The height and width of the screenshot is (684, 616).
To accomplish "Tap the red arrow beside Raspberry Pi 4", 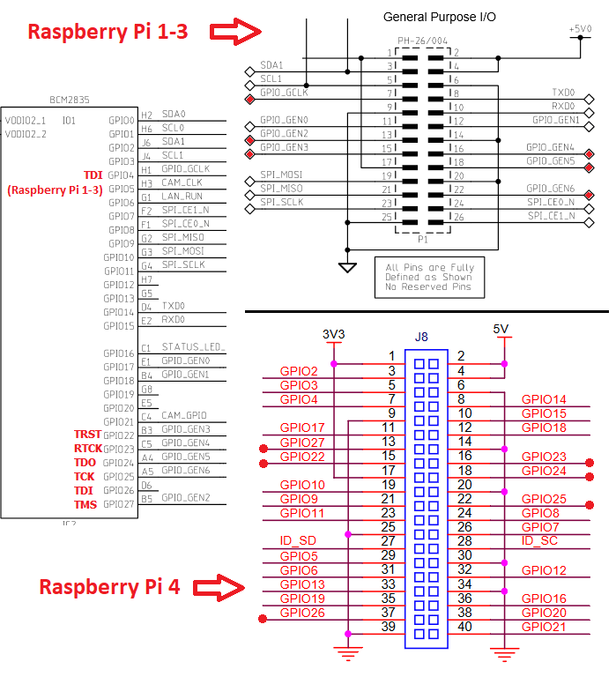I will (218, 587).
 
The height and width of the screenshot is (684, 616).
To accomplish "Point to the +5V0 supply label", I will (581, 29).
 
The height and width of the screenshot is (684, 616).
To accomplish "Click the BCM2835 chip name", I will (70, 100).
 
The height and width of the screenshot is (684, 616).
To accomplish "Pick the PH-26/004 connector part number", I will (423, 41).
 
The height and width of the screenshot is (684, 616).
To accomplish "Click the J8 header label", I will (421, 337).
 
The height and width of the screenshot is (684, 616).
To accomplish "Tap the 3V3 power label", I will (332, 335).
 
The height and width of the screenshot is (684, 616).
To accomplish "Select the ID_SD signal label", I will (297, 540).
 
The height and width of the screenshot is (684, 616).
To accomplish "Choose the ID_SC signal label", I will (539, 540).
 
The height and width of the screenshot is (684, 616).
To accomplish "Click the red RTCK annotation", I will (87, 449).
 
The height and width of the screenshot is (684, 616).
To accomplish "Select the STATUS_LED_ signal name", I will (194, 347).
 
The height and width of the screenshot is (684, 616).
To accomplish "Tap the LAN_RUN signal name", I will (182, 196).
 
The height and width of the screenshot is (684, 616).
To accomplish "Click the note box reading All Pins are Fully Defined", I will (428, 277).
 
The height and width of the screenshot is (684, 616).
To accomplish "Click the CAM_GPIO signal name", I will (184, 415).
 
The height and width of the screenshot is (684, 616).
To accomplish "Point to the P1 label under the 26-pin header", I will (422, 238).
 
